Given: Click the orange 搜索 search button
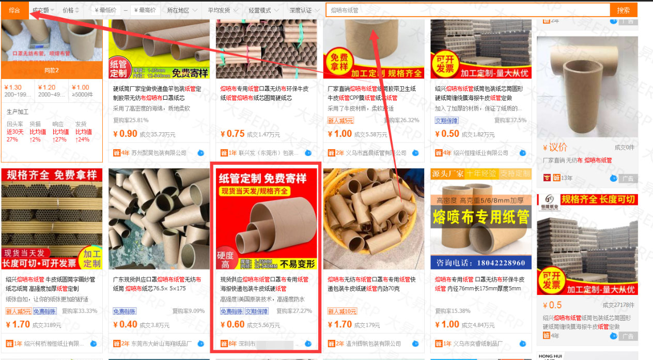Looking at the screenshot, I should point(623,10).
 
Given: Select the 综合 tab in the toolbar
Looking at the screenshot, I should point(14,10).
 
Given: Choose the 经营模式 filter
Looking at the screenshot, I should point(263,10).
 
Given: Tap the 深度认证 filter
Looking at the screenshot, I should point(304,10).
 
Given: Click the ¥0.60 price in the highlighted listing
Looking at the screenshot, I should point(232,325).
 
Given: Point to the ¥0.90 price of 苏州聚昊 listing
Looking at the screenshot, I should point(125,134).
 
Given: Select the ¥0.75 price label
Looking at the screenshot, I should point(232,134).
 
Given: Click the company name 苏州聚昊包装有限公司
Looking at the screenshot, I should point(158,153).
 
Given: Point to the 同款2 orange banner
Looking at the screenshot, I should point(52,70).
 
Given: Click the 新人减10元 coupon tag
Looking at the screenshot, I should point(342,311).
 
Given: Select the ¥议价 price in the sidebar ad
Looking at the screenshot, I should point(555,148).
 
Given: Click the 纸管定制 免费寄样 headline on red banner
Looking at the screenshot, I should point(262,179).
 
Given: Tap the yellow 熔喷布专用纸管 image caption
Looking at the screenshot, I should point(480,216).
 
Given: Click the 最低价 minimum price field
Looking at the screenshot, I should point(106,10).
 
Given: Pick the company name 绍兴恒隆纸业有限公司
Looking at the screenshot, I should point(480,153).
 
